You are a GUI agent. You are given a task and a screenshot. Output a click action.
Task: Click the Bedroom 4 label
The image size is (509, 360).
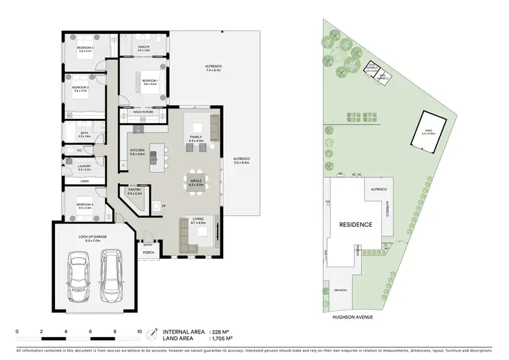pyautogui.click(x=83, y=204)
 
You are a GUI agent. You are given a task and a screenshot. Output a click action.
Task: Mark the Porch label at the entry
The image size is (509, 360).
pyautogui.click(x=148, y=253)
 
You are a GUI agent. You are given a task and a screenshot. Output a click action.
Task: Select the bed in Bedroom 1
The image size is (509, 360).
pyautogui.click(x=143, y=88)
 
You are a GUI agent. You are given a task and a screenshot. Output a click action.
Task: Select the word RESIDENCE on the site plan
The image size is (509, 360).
pyautogui.click(x=356, y=223)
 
